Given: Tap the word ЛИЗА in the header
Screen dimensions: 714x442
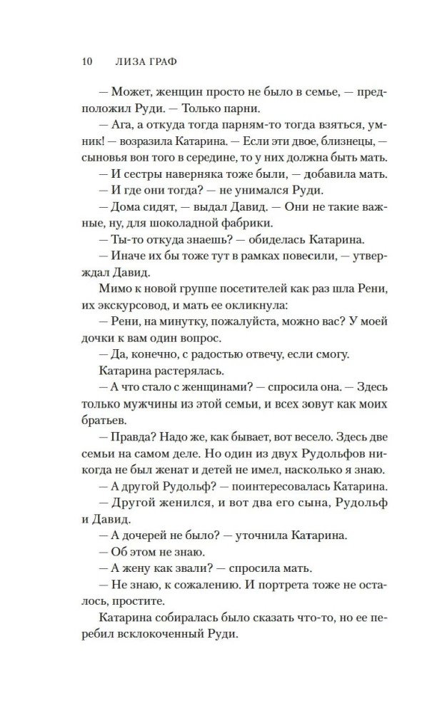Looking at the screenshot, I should point(131,61).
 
